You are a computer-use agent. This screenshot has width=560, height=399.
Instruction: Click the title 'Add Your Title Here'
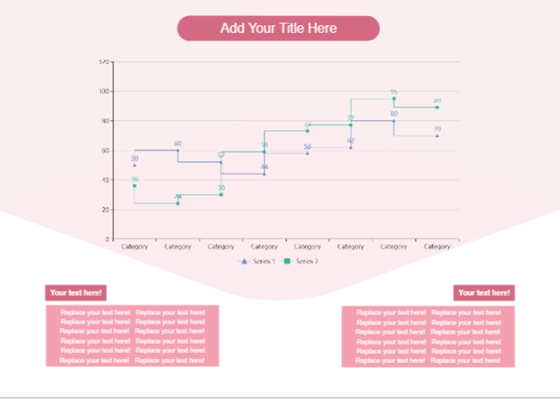pos(278,29)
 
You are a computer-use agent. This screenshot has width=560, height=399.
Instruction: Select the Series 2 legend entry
pos(304,261)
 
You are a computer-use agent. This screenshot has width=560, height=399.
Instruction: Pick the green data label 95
pos(394,92)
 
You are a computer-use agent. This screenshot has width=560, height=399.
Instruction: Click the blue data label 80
pos(394,113)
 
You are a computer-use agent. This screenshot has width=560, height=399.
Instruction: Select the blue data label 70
pos(437,129)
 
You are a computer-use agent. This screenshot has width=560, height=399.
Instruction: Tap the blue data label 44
pos(264,167)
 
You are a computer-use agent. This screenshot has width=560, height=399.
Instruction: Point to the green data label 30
pos(222,187)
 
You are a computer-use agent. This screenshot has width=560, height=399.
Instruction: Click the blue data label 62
pos(351,140)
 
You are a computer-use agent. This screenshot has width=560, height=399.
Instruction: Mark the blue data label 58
pos(307,146)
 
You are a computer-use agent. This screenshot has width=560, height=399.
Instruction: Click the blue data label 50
pos(134,158)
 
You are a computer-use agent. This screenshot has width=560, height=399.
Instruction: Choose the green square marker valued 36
pos(134,186)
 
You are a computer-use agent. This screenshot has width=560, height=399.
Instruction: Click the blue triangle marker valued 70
pos(437,135)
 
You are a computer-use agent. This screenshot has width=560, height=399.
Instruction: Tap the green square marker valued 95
pos(394,99)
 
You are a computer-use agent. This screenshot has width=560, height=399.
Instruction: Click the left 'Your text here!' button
pos(76,292)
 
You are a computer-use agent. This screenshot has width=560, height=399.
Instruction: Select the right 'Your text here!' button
pos(484,292)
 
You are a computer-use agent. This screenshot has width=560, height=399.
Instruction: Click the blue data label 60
pos(178,144)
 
